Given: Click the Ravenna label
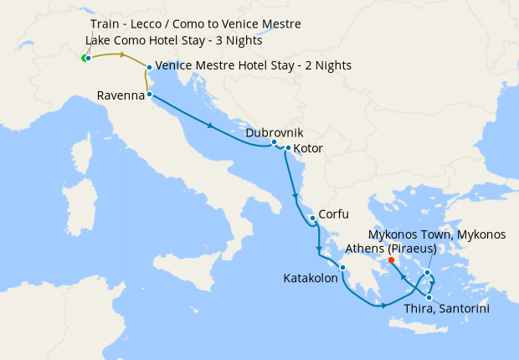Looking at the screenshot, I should (x=121, y=96).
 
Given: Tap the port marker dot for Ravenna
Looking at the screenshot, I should (x=149, y=95).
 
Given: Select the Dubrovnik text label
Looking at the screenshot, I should (x=275, y=132).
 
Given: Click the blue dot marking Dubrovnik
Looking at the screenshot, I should (x=274, y=142).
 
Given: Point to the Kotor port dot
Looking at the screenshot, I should (x=288, y=149).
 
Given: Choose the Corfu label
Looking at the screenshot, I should (x=332, y=214).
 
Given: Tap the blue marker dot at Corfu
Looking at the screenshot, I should (x=312, y=219).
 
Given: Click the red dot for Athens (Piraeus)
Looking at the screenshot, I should (x=392, y=260).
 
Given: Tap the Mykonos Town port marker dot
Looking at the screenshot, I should (x=428, y=272).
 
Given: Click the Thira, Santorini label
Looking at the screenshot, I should (x=446, y=309).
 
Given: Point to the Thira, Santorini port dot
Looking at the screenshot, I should (x=429, y=297).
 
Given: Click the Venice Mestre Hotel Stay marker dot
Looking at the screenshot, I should (x=149, y=67).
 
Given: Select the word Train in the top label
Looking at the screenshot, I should (x=105, y=24).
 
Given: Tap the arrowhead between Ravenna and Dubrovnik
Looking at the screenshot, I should (x=209, y=126).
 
